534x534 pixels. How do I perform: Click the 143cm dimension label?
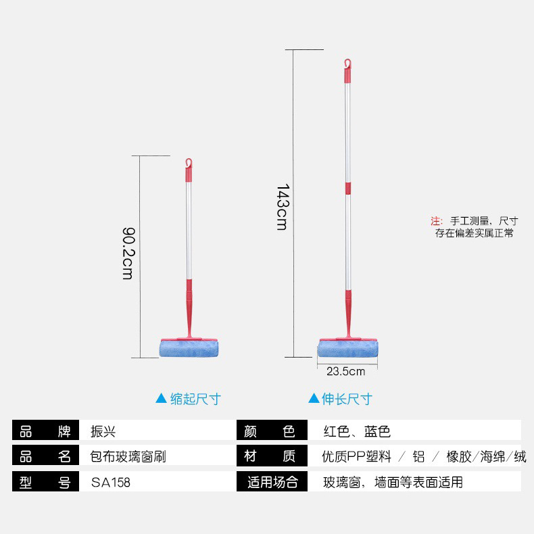[282, 207]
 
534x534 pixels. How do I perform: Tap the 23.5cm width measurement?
[345, 371]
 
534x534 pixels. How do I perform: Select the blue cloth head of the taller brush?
[348, 349]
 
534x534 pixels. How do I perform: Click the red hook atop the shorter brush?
[189, 164]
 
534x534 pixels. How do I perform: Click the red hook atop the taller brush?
[347, 64]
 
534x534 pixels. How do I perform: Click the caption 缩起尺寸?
[195, 399]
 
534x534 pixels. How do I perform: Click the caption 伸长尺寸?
[347, 399]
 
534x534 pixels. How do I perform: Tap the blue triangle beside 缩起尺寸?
[161, 399]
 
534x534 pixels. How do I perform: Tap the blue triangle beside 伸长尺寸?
[313, 399]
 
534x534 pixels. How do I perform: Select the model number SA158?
[110, 483]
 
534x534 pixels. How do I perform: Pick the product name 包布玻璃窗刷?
[128, 457]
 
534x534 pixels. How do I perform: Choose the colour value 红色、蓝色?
[357, 431]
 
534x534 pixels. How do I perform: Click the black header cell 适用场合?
[272, 483]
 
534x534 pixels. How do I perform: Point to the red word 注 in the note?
[436, 221]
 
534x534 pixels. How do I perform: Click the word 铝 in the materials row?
[418, 457]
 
